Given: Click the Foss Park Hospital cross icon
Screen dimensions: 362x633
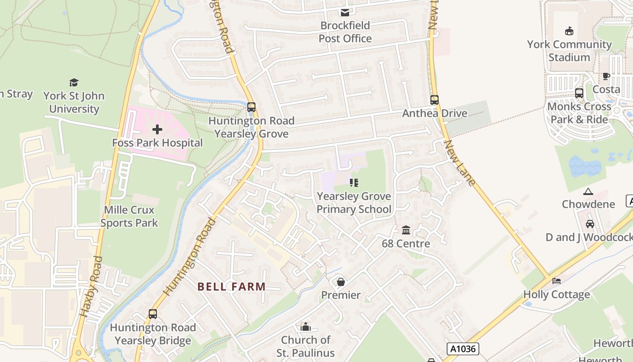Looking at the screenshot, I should (157, 130).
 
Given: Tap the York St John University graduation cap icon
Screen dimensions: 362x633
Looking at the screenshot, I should (74, 82).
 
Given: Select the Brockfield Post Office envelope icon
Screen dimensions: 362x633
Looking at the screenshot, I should (345, 12).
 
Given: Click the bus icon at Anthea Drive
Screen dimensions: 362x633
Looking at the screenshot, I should (435, 100).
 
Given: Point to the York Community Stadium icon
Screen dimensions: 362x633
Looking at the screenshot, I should (569, 31).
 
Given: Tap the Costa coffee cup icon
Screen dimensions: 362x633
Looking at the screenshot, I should (606, 76).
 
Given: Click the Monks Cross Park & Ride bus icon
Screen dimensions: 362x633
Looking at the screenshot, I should (579, 93).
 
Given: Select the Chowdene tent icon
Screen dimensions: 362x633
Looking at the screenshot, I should (588, 191).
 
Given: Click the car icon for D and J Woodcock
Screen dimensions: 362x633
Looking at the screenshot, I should (590, 224).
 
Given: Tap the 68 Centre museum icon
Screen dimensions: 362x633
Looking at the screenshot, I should (406, 230).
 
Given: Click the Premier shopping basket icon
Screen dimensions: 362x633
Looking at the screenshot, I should (341, 282).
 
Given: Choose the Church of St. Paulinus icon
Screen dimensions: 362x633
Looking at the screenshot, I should (306, 327).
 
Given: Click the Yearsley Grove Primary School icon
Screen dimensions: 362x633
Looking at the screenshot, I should (354, 183).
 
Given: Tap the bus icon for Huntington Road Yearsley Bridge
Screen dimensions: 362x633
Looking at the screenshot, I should (153, 314).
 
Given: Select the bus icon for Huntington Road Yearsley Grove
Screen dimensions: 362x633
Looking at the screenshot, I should (251, 107).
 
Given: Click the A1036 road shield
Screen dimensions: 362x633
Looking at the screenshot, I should (463, 348).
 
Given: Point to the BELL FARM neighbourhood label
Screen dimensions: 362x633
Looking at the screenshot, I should (231, 286).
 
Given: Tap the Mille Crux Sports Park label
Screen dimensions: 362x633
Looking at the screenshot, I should (129, 216).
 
